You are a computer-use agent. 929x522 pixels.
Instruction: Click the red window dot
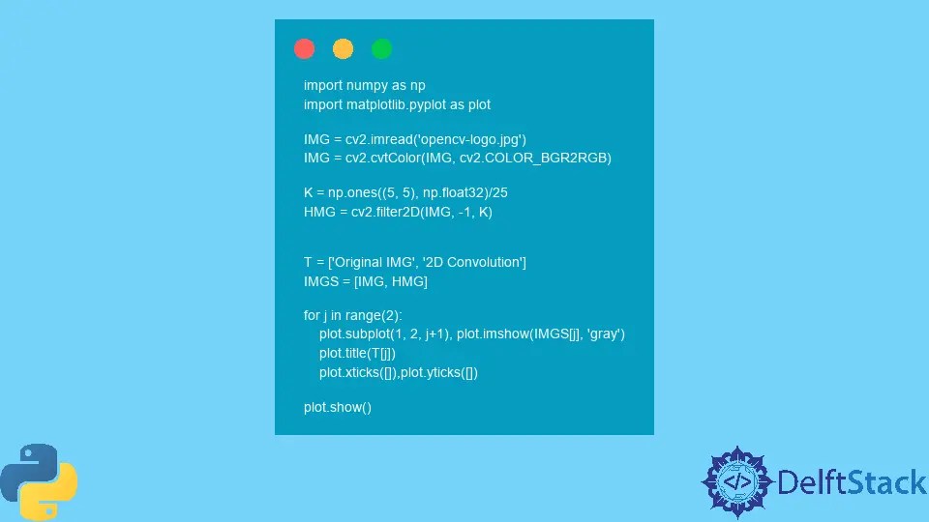tap(304, 48)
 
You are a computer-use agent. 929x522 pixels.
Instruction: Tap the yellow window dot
tap(343, 48)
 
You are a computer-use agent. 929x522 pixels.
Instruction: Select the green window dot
tap(381, 48)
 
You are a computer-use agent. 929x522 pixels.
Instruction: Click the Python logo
tap(39, 479)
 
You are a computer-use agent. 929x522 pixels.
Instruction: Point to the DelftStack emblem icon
tap(736, 481)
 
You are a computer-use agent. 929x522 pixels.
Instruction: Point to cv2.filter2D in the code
tap(384, 211)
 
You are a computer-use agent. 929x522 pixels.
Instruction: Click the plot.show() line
tap(338, 407)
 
